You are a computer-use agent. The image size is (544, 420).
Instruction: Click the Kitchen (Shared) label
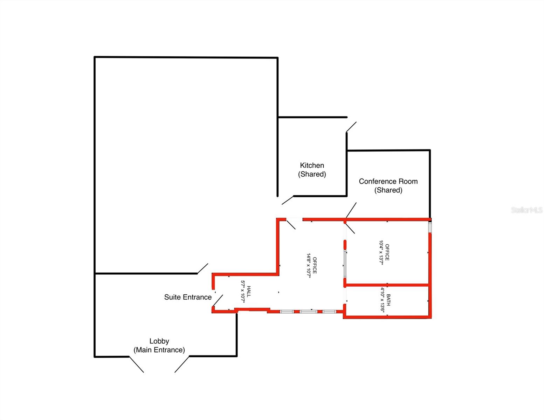[x=312, y=170]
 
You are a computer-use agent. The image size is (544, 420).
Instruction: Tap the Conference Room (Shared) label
[x=388, y=185]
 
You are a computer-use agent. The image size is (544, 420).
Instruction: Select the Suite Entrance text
[x=188, y=297]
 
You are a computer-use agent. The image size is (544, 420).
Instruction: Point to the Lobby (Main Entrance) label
[x=159, y=345]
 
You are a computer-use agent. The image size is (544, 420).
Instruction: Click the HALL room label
[x=249, y=292]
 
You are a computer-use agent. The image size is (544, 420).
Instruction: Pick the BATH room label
[x=388, y=300]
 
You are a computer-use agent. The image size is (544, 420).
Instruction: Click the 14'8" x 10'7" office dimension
[x=309, y=265]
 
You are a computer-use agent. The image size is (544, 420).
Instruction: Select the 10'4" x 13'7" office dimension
[x=381, y=252]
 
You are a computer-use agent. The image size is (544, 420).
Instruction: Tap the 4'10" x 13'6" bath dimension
[x=382, y=300]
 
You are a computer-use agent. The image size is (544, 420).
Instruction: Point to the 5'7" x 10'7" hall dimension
[x=242, y=292]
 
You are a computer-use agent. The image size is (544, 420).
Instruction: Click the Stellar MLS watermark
[x=526, y=210]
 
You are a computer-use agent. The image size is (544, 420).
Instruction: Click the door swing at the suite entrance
[x=218, y=300]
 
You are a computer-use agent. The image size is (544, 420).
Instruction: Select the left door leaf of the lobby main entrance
[x=137, y=364]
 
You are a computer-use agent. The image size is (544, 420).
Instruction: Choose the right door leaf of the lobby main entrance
[x=182, y=364]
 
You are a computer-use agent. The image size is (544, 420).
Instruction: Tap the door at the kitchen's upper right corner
[x=351, y=127]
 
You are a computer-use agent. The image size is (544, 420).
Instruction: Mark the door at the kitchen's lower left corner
[x=288, y=200]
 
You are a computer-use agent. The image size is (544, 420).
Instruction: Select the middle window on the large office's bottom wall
[x=308, y=311]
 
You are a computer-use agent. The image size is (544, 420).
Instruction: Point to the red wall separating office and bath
[x=387, y=285]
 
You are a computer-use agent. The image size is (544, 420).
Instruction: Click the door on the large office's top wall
[x=291, y=224]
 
